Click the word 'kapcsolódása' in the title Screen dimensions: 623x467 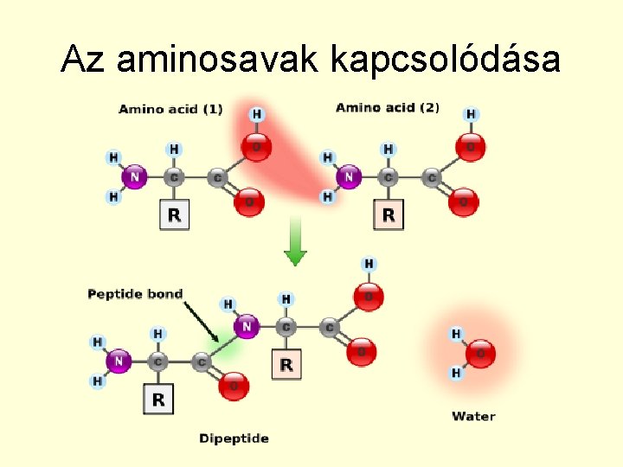445,59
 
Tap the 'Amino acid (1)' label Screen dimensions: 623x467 170,109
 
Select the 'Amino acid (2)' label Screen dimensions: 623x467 388,108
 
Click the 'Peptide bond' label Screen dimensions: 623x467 135,294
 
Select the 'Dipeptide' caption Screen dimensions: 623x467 234,438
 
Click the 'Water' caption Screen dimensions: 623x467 473,417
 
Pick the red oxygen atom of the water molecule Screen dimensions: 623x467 481,353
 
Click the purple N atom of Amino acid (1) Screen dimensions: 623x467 133,178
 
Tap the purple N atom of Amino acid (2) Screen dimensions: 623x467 348,177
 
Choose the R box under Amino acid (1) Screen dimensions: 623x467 174,214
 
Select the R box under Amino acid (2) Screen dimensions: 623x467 388,214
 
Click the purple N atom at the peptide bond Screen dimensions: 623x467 247,327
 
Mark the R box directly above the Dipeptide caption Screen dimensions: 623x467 158,400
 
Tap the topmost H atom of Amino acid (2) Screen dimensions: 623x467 471,114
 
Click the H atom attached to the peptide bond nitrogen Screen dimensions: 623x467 228,304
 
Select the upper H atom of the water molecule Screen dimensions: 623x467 456,334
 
